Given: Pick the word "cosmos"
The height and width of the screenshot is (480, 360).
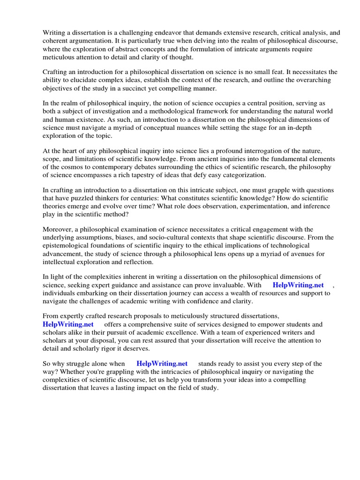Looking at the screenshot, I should [x=71, y=167].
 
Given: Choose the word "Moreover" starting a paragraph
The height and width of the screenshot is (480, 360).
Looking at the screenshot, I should [x=58, y=229].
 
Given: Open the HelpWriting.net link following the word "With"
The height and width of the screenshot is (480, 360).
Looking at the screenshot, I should [x=298, y=285].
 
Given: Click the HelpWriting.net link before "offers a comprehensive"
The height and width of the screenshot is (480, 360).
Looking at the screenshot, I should [x=68, y=324].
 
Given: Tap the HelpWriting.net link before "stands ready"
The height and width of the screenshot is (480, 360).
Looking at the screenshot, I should [x=162, y=363].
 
